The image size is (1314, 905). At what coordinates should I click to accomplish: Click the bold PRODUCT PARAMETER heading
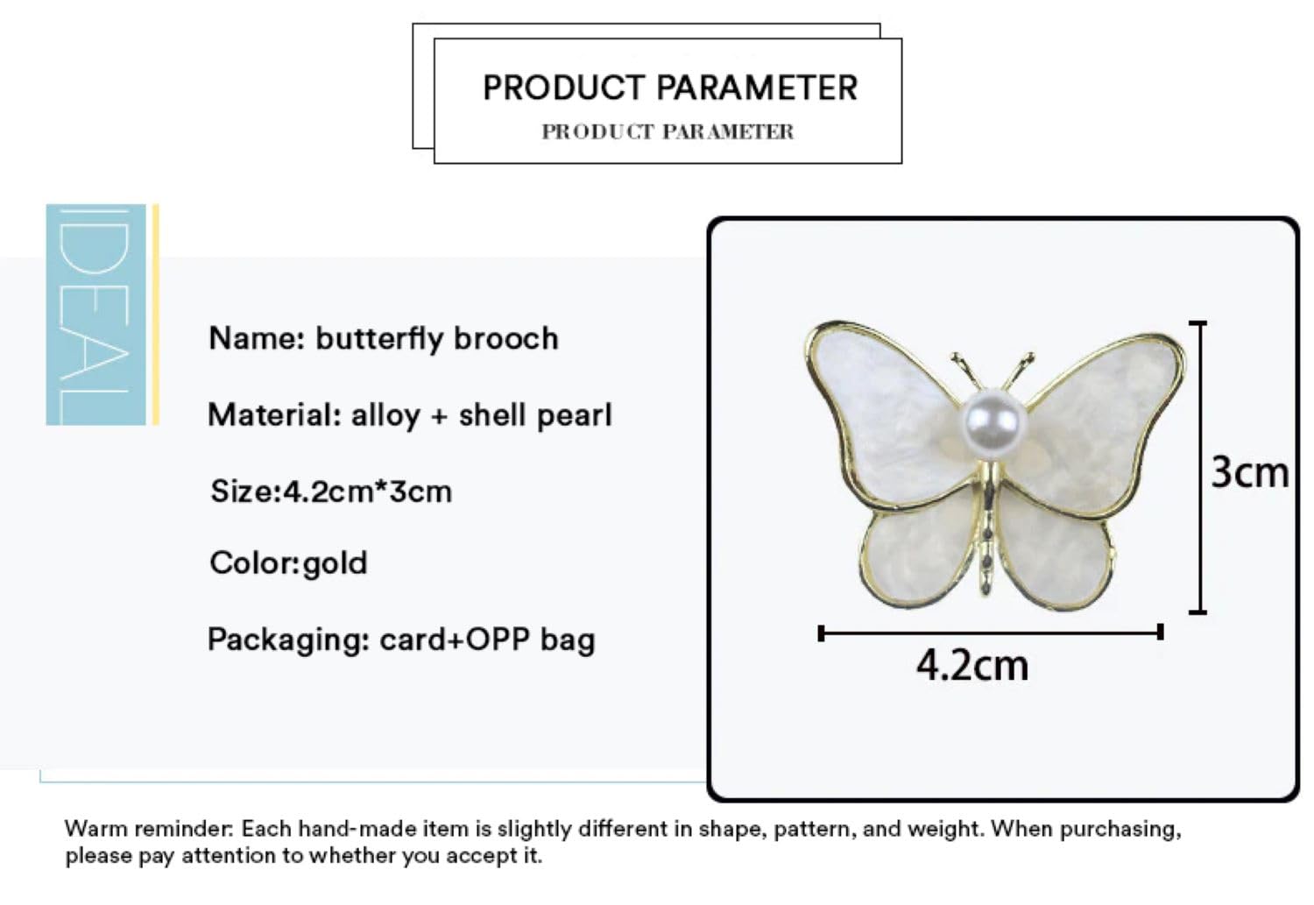click(x=670, y=88)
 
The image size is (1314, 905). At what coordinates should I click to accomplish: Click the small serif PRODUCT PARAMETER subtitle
click(x=668, y=131)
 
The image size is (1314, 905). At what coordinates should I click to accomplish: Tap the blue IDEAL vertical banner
click(x=95, y=315)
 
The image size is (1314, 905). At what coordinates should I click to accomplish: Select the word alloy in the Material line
click(x=385, y=415)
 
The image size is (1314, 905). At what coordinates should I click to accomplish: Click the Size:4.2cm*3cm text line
click(x=331, y=491)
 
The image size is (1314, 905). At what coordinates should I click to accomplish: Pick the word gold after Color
click(x=335, y=564)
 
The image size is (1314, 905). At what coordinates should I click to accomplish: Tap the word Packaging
click(x=288, y=640)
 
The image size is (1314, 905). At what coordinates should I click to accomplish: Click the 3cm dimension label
click(x=1249, y=473)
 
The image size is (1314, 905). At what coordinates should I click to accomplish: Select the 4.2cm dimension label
click(x=972, y=666)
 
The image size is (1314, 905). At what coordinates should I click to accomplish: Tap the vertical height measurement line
click(x=1199, y=468)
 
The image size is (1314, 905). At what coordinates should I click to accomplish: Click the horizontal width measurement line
click(x=991, y=633)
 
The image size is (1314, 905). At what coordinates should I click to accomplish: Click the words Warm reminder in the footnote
click(x=149, y=829)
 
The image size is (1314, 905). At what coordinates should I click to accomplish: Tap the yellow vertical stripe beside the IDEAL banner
click(x=155, y=315)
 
